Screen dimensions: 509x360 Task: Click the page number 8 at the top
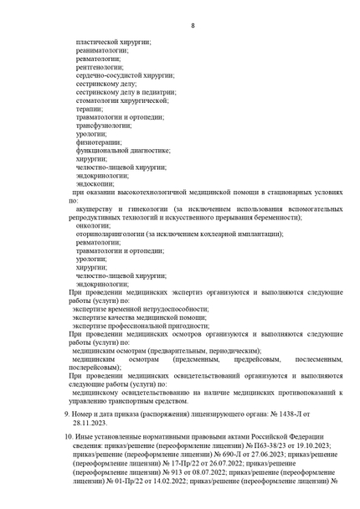click(193, 25)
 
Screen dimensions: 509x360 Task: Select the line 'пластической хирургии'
click(105, 41)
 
